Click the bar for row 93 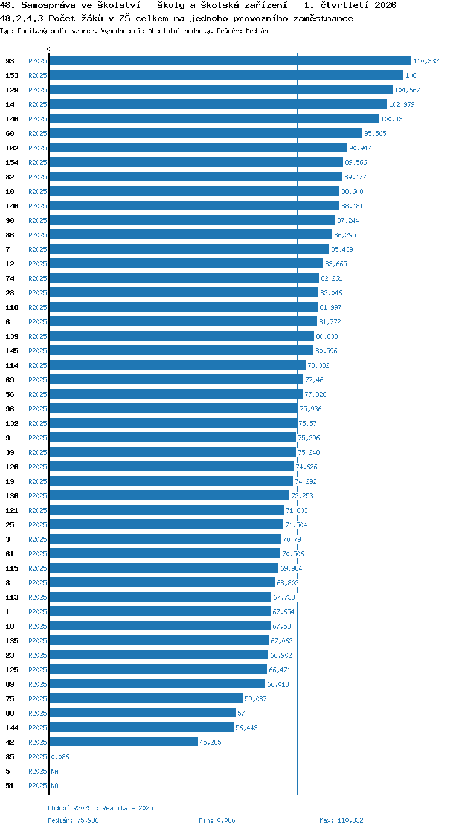230,61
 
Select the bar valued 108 226,75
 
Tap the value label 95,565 375,133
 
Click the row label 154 12,162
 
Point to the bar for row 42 123,742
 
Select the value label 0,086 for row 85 60,757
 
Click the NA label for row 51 54,786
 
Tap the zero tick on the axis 48,50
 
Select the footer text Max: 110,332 341,820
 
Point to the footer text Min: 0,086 217,820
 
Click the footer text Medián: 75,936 74,820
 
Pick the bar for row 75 146,699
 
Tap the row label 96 10,409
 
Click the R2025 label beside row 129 38,90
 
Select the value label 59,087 255,699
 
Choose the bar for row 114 178,365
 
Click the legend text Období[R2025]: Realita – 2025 100,808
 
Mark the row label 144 12,728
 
